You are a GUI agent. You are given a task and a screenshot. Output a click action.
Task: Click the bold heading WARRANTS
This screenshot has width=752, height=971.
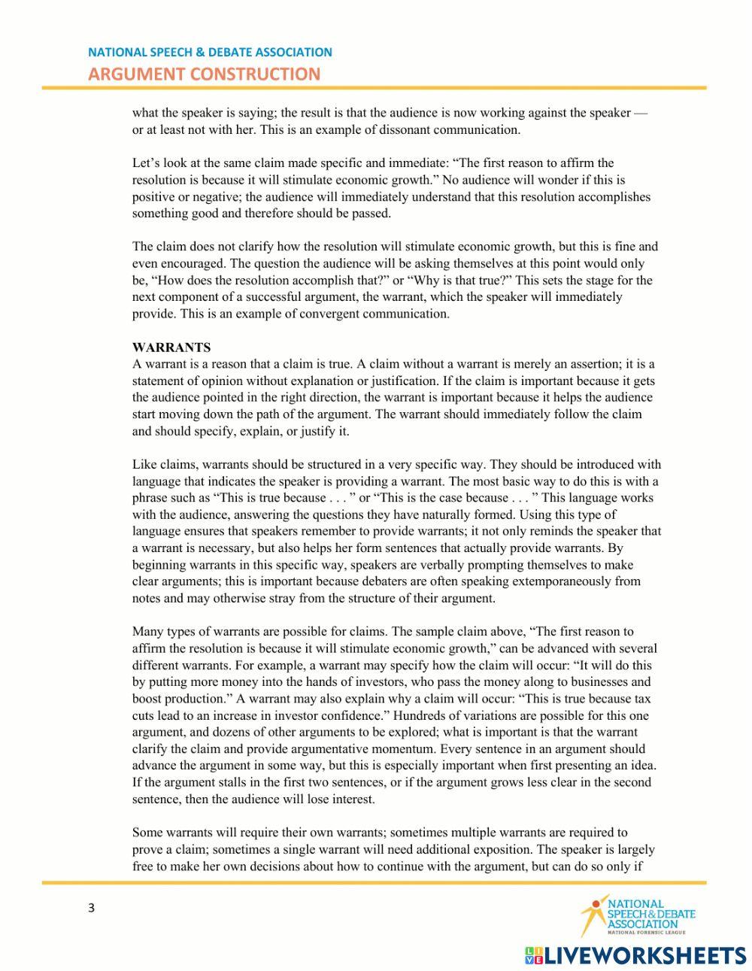171,347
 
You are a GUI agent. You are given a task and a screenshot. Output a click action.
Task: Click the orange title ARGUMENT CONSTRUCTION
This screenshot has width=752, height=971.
204,74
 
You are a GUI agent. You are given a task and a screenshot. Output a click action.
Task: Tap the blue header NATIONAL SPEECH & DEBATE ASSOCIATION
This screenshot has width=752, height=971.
210,52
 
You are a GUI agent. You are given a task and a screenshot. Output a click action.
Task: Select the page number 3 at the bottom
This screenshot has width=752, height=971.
92,908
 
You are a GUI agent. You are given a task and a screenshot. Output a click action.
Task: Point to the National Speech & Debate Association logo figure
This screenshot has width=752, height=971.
593,914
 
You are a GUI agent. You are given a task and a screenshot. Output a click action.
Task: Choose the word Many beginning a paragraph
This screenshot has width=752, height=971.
148,632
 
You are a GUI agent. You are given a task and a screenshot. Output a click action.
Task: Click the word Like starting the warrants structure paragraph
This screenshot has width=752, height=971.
144,465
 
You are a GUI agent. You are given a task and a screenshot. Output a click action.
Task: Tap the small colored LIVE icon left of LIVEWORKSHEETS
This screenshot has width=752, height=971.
533,955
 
